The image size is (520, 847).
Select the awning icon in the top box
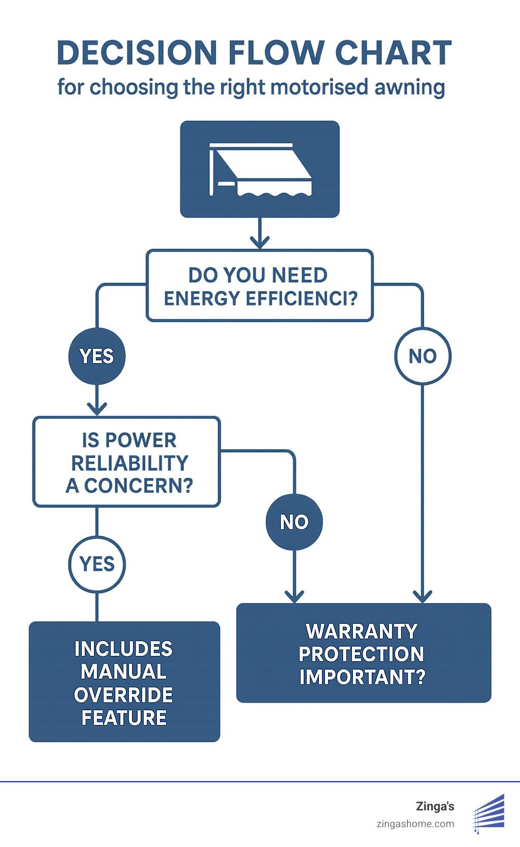coord(260,169)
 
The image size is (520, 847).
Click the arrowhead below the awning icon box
coord(260,241)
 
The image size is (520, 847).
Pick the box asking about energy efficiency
coord(260,286)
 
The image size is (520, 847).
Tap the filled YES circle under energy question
coord(96,356)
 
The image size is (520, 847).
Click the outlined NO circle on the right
coord(422,356)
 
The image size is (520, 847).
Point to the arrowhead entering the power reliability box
coord(96,408)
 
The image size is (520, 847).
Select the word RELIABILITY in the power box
coord(129,463)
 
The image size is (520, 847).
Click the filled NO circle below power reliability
coord(294,522)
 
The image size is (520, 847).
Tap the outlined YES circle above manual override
coord(96,564)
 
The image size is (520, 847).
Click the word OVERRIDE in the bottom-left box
coord(123,695)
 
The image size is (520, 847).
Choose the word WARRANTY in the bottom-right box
coord(362,631)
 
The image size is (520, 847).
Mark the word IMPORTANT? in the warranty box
coord(362,677)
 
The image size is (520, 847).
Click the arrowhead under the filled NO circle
coord(294,596)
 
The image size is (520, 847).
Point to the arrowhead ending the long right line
coord(422,596)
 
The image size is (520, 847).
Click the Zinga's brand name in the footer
coord(435,806)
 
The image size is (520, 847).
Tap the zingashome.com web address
coord(415,824)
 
